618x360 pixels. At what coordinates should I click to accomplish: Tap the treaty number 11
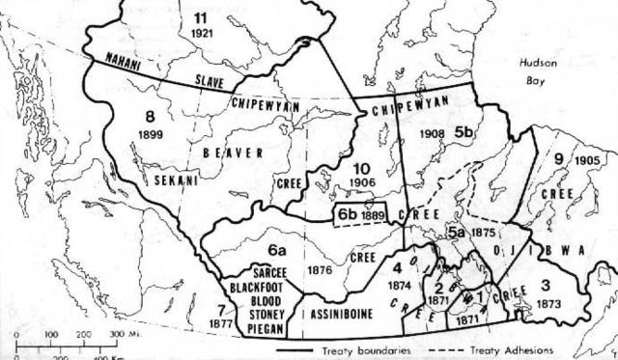(x=201, y=18)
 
